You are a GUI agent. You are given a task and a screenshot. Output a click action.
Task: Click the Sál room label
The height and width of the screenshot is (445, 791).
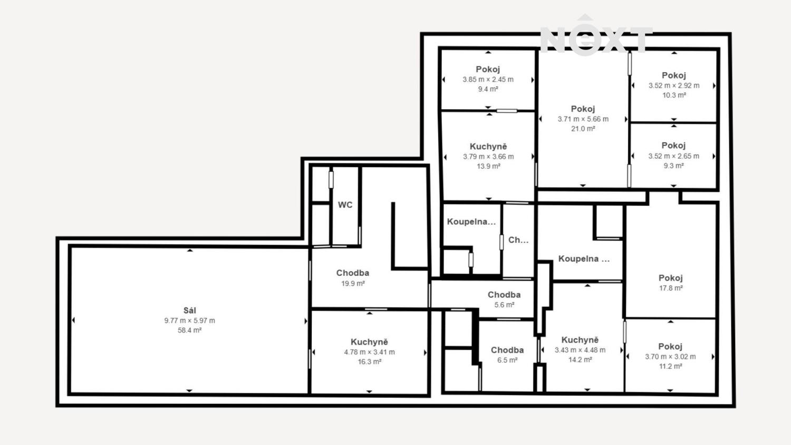(x=190, y=311)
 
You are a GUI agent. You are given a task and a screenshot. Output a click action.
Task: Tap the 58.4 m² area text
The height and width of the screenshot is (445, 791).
(x=190, y=330)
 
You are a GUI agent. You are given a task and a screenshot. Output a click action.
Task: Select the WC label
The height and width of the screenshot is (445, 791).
(x=345, y=205)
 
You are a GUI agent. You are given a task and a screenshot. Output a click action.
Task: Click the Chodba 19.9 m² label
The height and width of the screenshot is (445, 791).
(x=353, y=273)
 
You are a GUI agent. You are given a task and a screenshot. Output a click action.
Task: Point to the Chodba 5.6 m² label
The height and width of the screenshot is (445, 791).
(x=504, y=295)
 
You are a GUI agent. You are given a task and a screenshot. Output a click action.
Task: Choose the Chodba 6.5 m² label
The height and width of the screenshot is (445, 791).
(x=507, y=350)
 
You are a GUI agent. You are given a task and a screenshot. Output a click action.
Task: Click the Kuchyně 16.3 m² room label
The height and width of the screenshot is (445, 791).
(x=369, y=342)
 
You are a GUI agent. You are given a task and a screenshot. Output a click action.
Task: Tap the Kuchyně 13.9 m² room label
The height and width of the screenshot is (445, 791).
(x=488, y=146)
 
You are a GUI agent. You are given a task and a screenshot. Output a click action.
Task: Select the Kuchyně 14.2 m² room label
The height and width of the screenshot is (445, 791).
(x=580, y=340)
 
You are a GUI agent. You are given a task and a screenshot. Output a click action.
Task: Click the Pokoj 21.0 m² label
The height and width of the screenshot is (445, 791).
(x=583, y=109)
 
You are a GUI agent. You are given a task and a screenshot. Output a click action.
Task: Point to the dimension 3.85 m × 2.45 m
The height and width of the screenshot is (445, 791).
(x=488, y=80)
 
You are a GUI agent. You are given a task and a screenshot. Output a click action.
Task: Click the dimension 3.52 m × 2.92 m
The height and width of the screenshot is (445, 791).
(x=674, y=85)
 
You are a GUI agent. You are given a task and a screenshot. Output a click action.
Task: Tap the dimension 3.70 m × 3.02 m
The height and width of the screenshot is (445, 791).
(x=670, y=357)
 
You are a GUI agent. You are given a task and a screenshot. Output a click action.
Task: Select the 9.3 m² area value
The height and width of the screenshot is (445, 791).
(x=674, y=166)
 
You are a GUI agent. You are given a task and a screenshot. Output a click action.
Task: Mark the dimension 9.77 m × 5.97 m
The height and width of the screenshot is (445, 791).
(x=190, y=321)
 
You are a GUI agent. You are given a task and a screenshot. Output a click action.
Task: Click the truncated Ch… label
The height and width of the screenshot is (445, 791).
(x=518, y=240)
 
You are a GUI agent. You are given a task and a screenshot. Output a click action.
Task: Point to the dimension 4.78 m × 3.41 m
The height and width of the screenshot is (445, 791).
(x=369, y=352)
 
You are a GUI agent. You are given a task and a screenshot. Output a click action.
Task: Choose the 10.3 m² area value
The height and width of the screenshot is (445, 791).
(x=674, y=95)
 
